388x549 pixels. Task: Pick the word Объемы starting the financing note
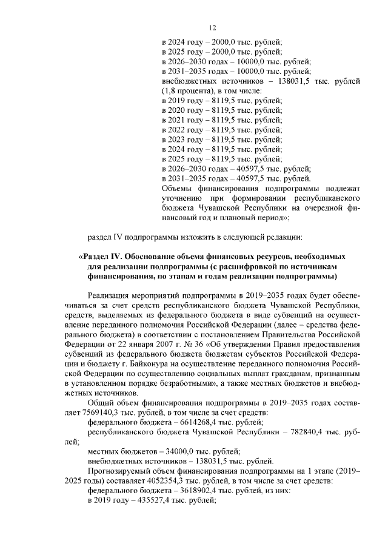click(176, 187)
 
